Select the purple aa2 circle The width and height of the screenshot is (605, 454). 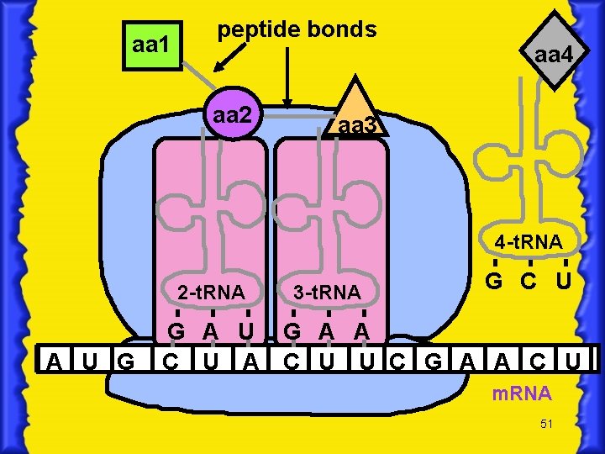tap(232, 113)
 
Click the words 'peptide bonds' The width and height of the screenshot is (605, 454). tap(297, 29)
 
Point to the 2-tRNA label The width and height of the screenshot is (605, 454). tap(211, 293)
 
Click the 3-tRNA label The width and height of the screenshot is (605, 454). tap(327, 293)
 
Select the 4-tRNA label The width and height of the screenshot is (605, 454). tap(529, 243)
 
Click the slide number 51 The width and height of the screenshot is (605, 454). tap(546, 424)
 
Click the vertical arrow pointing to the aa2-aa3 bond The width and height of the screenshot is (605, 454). tap(288, 77)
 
